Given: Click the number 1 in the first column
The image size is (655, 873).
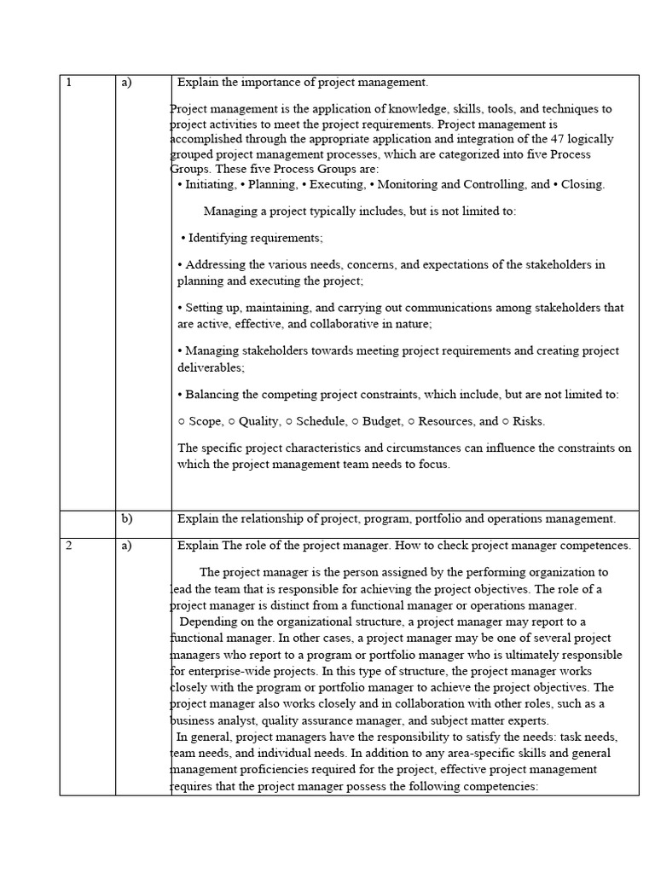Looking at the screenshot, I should pos(68,83).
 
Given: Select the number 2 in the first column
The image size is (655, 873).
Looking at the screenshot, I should pos(68,546).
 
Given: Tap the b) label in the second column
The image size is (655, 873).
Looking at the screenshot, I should pos(127,518).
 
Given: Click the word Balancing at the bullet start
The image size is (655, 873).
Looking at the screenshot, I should pos(212,394).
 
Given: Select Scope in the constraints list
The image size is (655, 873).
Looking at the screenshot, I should pos(204,421).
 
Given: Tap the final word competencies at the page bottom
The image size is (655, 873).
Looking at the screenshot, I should pos(501,787).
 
